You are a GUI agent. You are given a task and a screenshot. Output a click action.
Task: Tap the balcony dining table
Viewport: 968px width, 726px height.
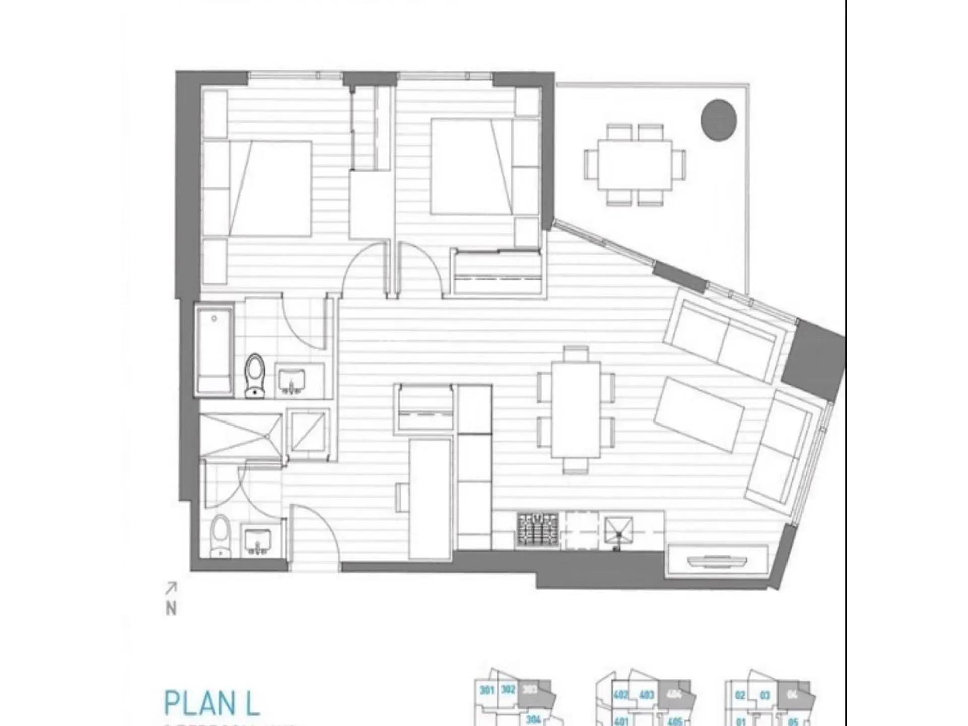[635, 164]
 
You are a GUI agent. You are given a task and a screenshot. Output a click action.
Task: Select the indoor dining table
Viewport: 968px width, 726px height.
[576, 409]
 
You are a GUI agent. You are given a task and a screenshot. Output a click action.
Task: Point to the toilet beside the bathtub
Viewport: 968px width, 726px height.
[255, 375]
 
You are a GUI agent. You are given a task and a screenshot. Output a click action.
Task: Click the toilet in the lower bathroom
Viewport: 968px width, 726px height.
[220, 535]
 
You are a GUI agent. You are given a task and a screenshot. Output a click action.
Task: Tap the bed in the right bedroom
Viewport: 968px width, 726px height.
[471, 166]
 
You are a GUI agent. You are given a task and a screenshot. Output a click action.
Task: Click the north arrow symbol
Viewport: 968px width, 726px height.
[171, 588]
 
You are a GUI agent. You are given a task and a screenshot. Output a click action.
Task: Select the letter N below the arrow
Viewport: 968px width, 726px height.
[171, 609]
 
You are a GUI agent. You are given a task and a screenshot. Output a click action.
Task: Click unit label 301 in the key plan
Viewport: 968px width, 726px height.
[486, 690]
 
